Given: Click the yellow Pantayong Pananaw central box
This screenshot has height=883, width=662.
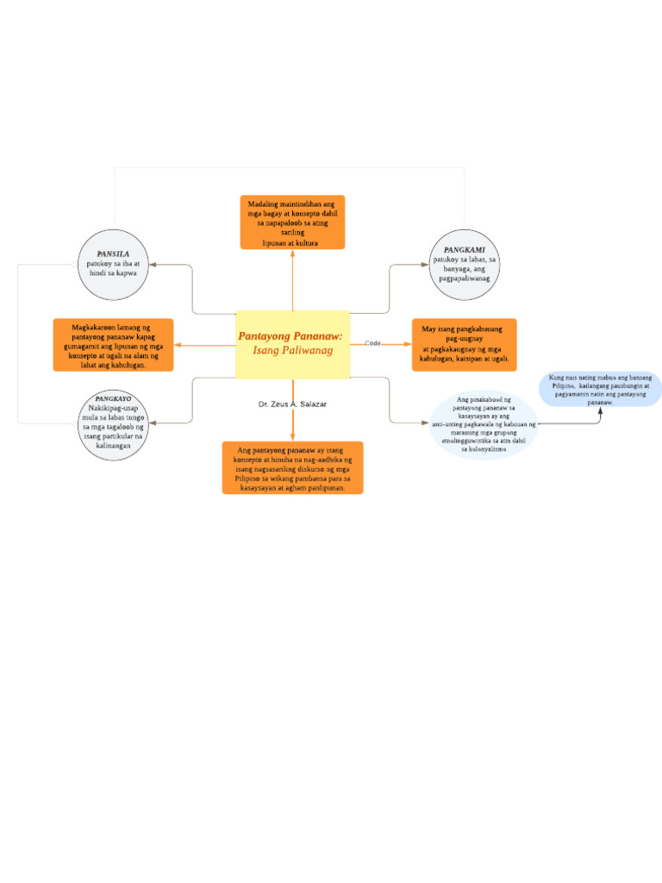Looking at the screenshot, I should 292,344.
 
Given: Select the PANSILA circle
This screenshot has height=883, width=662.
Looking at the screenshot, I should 114,264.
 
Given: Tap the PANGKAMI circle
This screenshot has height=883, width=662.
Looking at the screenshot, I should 465,264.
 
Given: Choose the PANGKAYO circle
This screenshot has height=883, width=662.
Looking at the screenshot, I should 114,424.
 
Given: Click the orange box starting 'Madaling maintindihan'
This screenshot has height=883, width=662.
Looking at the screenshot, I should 292,222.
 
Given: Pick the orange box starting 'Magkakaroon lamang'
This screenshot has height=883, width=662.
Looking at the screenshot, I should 113,345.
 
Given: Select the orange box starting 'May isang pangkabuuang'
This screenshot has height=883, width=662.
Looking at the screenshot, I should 464,345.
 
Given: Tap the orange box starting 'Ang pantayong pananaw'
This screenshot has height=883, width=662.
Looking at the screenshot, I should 292,467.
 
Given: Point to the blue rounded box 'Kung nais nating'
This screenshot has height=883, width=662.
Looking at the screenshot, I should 600,390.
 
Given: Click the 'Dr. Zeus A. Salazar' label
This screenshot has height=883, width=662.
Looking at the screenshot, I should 291,404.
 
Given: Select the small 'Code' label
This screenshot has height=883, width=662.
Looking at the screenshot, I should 372,343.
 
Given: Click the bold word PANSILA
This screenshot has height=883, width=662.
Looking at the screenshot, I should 114,254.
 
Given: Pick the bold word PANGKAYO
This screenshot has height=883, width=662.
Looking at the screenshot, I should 114,399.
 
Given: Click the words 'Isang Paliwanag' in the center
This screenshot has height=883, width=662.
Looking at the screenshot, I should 292,351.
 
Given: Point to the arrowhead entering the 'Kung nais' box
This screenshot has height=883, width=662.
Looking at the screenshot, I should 600,410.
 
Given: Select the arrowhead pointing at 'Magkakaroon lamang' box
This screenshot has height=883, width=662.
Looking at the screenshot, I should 178,345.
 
